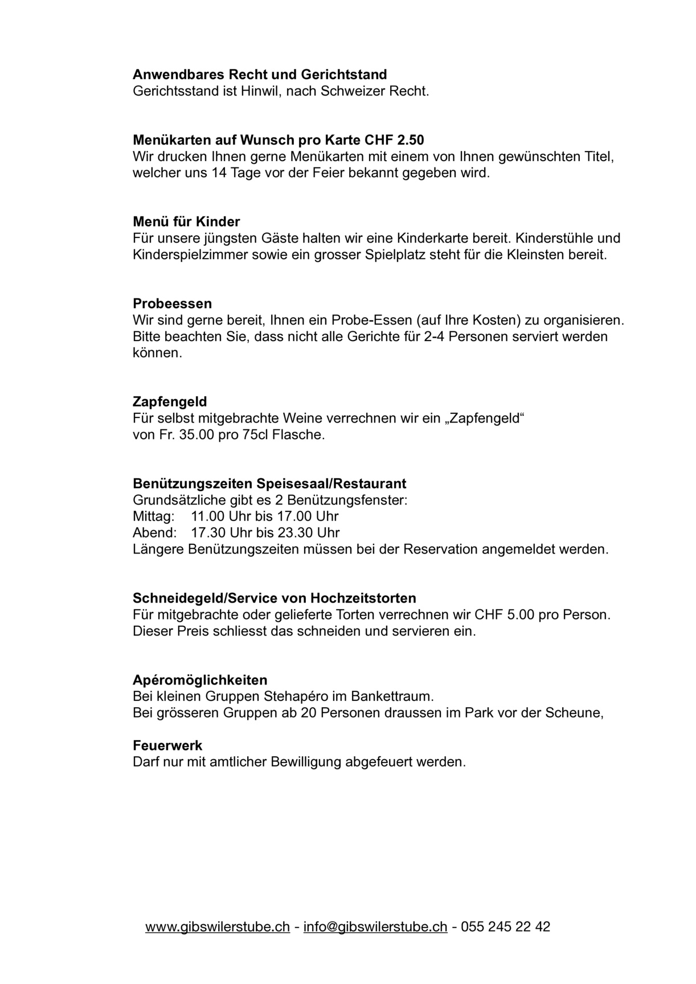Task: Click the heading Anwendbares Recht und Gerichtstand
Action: pos(260,75)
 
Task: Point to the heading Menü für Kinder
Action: pos(186,222)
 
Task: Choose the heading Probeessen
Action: pos(172,304)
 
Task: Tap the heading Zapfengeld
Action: pos(170,402)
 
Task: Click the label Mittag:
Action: pos(154,517)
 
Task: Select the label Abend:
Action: pos(154,534)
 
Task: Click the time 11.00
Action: pos(208,517)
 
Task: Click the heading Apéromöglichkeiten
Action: pos(200,680)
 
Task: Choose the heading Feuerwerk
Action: pos(167,746)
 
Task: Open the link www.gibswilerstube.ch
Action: pos(218,927)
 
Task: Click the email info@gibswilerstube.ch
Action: pos(375,927)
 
